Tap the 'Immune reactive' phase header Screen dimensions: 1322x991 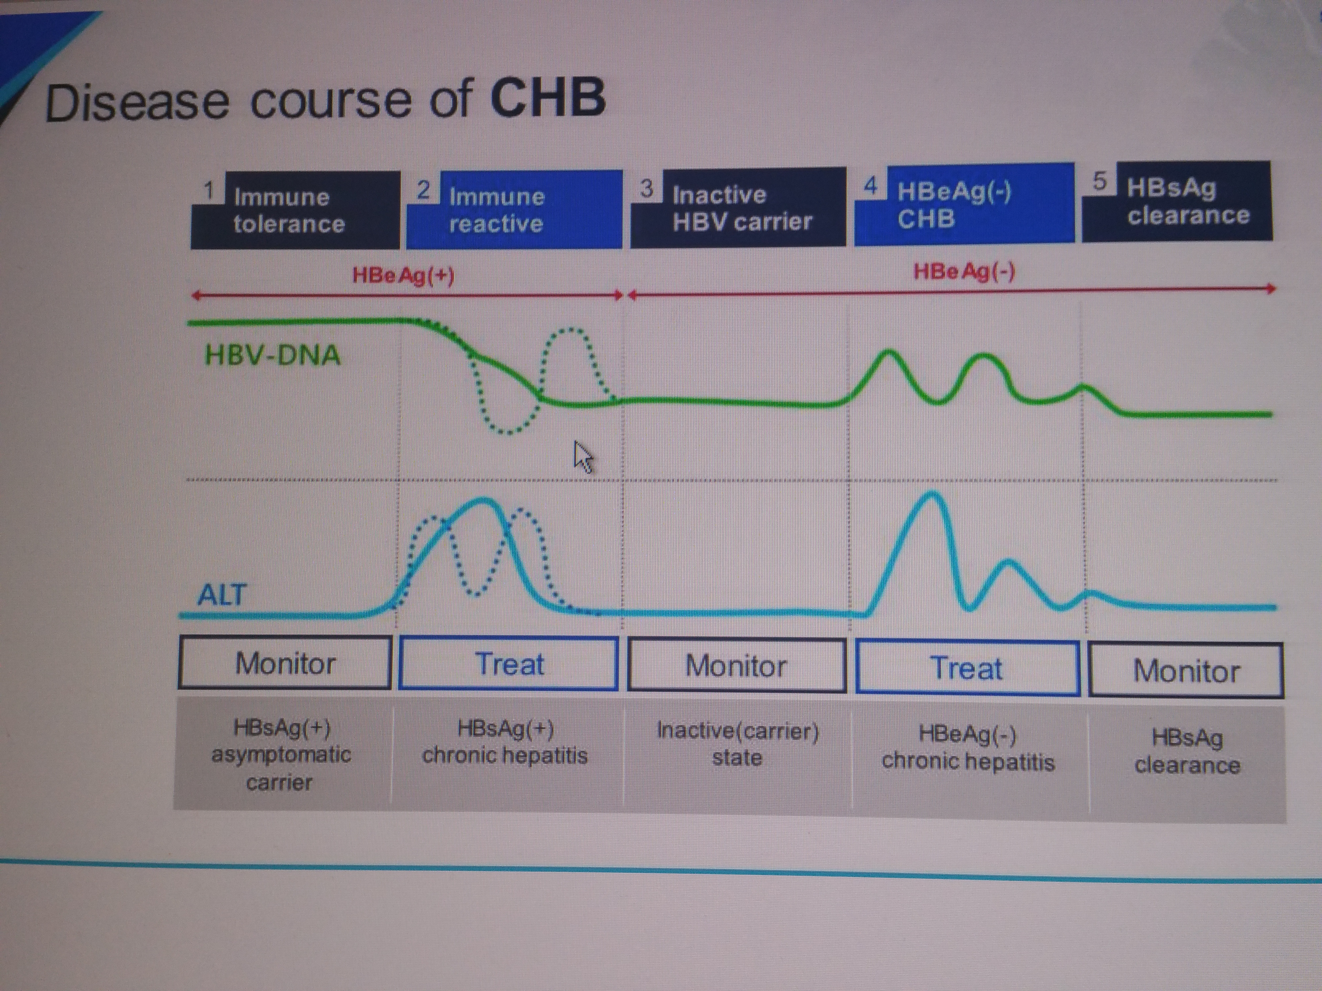pos(514,209)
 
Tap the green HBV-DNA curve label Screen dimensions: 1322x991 pos(272,356)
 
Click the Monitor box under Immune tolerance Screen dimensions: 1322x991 pos(285,662)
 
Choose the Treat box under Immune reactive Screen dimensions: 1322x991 pos(509,664)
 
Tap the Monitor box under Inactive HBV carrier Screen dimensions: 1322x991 pos(736,665)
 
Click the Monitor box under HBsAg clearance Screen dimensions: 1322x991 pos(1186,670)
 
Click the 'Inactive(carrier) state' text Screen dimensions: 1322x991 pos(738,744)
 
